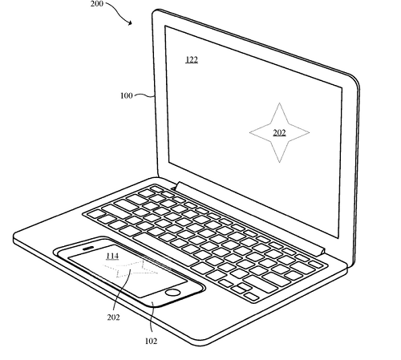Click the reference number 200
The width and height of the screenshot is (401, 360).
(96, 4)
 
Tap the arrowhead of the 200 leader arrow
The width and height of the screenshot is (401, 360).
(130, 23)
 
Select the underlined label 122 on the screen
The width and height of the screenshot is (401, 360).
(192, 59)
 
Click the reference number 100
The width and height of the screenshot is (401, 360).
(127, 95)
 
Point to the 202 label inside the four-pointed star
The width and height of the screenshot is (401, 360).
(279, 132)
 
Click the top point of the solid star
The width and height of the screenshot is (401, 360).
(279, 103)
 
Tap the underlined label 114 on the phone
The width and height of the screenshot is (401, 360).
(112, 257)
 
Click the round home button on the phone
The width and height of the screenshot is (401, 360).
(172, 293)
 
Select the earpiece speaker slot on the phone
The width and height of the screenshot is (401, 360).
(87, 249)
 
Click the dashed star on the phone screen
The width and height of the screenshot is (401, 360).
(131, 269)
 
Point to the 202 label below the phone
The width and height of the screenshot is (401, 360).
(113, 318)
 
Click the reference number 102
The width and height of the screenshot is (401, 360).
(151, 341)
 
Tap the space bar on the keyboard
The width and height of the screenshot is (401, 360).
(165, 249)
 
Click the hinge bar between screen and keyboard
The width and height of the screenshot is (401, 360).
(249, 218)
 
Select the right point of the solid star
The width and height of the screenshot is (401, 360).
(309, 132)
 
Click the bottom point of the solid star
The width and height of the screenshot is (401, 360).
(279, 162)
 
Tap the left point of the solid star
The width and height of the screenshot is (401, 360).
(250, 132)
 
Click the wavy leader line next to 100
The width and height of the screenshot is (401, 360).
(144, 95)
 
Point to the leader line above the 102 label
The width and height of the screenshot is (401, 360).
(152, 318)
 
